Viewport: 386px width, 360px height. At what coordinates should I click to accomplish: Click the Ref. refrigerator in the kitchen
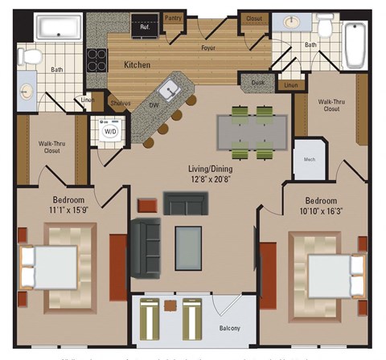146,28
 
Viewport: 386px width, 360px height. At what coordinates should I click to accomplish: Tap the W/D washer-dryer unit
110,131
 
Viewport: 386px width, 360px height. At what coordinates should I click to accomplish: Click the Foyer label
208,48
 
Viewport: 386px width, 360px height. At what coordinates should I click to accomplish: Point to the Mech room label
309,159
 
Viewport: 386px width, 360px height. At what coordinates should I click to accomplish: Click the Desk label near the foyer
258,82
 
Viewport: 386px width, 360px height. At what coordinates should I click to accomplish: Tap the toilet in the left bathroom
31,56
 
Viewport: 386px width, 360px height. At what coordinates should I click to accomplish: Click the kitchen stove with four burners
98,59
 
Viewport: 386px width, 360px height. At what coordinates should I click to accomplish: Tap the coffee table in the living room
188,243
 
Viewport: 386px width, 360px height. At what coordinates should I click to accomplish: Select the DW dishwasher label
153,105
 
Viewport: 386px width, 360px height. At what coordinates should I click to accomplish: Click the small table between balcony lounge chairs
170,306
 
